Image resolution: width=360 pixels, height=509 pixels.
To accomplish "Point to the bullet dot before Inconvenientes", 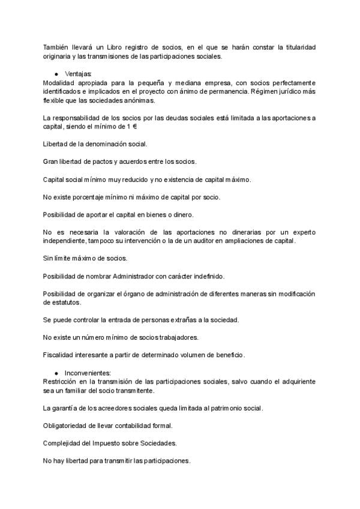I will coord(56,373).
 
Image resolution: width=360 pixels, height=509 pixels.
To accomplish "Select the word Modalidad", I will coord(59,82).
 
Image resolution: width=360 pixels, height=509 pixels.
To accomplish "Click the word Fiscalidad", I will coord(60,355).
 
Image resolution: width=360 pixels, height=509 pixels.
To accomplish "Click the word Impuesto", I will coord(111,443).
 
